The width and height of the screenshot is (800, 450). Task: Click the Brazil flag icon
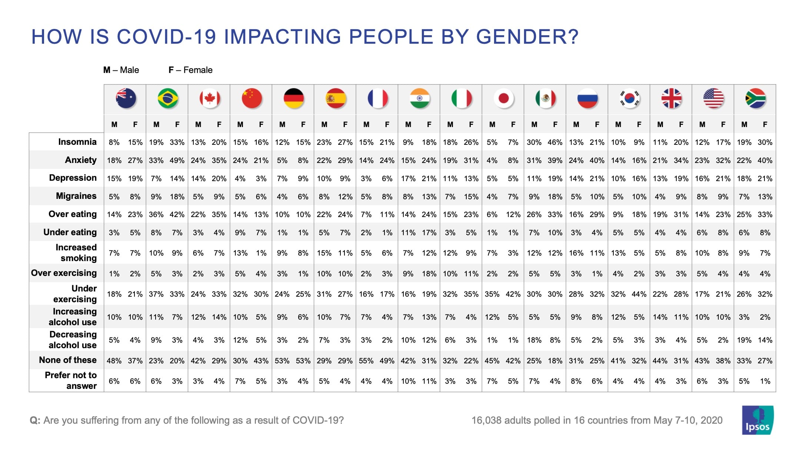pos(167,99)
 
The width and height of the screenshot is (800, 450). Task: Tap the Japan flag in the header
pos(503,99)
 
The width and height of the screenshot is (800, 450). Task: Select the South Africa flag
pos(755,99)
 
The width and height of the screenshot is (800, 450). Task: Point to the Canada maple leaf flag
pos(210,99)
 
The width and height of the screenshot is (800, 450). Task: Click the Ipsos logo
pos(757,420)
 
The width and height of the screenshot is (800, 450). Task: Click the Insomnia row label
pos(77,142)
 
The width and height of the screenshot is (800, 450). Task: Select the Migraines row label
pos(76,196)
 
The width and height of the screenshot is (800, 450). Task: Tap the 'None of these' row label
pos(68,360)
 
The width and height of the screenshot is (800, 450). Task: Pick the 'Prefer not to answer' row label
pos(71,380)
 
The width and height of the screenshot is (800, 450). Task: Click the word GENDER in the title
pos(527,37)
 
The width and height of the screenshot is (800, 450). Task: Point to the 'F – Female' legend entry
pos(190,70)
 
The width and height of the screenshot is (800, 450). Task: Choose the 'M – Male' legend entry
pos(121,70)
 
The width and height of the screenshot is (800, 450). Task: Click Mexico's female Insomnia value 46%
pos(555,142)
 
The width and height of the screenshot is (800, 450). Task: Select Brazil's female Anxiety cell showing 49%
pos(177,160)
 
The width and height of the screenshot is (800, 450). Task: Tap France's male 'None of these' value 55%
pos(366,361)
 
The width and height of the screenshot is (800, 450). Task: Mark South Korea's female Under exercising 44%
pos(639,294)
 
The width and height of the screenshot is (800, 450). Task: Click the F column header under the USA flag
pos(723,124)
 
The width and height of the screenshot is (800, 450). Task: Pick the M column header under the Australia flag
pos(114,124)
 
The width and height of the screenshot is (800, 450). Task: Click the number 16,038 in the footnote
pos(486,420)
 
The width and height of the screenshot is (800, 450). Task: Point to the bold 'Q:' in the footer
pos(35,420)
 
